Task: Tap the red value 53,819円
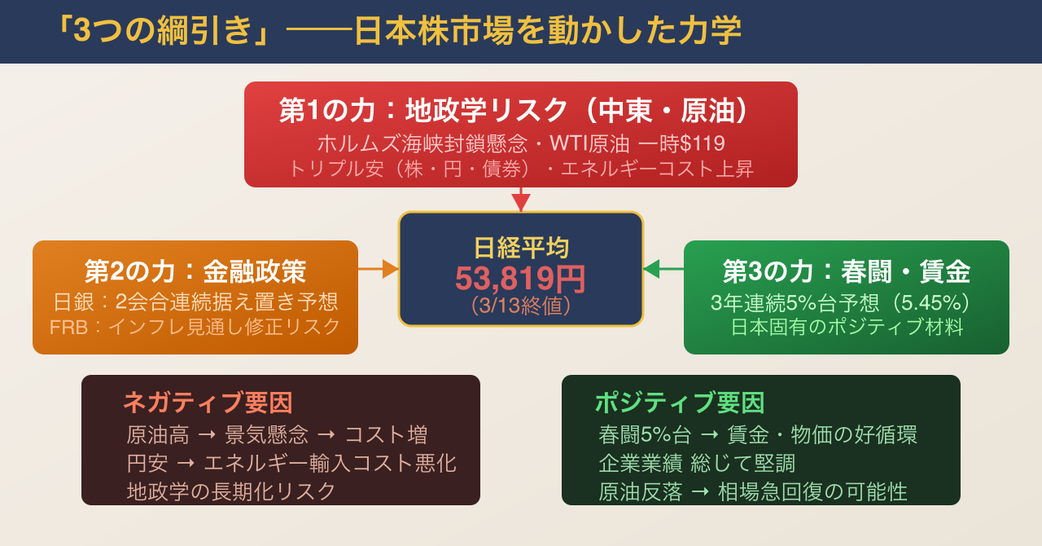pyautogui.click(x=520, y=279)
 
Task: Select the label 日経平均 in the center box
pyautogui.click(x=520, y=248)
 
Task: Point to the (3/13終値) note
pyautogui.click(x=520, y=306)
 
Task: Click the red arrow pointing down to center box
pyautogui.click(x=520, y=200)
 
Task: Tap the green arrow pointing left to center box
pyautogui.click(x=663, y=269)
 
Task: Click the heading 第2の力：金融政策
pyautogui.click(x=195, y=271)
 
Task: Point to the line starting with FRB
pyautogui.click(x=195, y=327)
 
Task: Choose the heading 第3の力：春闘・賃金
pyautogui.click(x=846, y=271)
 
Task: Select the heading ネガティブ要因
pyautogui.click(x=207, y=402)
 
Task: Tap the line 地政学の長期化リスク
pyautogui.click(x=231, y=491)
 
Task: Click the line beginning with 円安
pyautogui.click(x=291, y=463)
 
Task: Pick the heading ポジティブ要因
pyautogui.click(x=679, y=402)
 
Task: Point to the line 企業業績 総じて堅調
pyautogui.click(x=696, y=463)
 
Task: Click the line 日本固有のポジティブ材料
pyautogui.click(x=847, y=328)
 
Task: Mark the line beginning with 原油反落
pyautogui.click(x=752, y=491)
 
